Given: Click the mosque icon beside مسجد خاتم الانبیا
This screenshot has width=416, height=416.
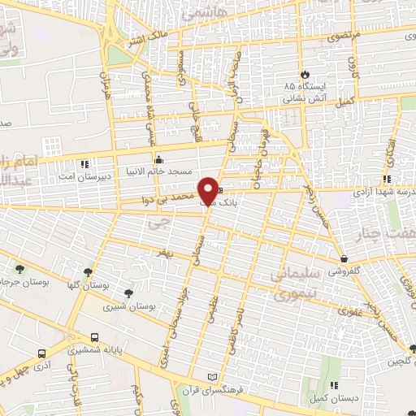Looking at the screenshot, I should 159,159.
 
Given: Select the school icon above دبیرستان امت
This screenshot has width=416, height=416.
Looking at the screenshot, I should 84,162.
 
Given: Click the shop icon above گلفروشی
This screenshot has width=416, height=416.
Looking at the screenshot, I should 345,259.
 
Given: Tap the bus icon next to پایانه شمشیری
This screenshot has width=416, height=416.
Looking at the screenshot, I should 95,338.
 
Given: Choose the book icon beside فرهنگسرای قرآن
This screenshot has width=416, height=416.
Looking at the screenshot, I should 214,378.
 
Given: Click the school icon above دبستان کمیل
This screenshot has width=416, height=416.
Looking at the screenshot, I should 333,386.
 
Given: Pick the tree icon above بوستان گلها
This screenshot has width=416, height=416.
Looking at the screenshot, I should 88,273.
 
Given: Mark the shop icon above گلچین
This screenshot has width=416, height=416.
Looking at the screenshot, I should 412,349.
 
